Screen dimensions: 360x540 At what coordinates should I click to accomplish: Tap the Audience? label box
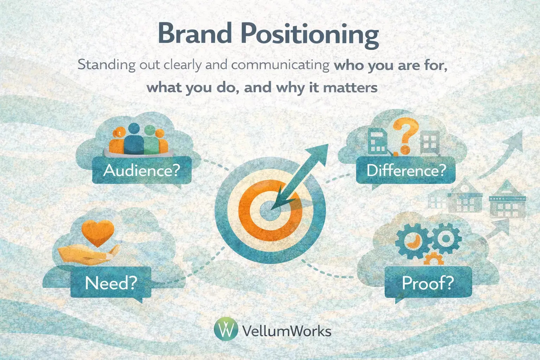(x=142, y=170)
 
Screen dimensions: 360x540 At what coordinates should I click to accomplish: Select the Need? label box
(x=111, y=282)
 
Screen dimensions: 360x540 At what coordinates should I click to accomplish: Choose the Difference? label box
(x=406, y=170)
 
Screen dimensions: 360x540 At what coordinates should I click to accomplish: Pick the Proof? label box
(x=428, y=282)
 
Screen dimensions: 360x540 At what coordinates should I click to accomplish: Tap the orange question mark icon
(x=405, y=136)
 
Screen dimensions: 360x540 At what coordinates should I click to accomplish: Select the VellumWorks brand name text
(x=287, y=331)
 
